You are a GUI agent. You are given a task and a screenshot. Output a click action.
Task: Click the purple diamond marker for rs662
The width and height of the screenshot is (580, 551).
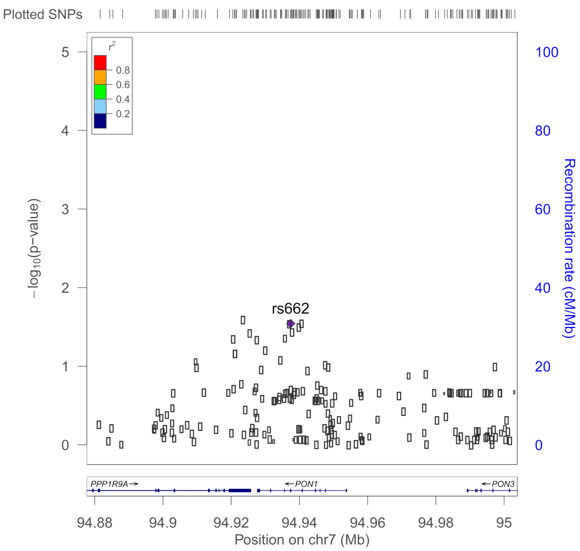[291, 324]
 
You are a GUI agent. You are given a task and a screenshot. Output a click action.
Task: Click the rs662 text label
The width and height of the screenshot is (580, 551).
[290, 309]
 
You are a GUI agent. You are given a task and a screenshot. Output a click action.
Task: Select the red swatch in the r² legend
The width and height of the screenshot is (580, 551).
[100, 63]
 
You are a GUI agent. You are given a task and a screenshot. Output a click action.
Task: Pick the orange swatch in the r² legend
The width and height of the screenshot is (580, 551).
[100, 77]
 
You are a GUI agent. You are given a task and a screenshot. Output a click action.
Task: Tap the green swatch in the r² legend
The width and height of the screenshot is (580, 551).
[100, 92]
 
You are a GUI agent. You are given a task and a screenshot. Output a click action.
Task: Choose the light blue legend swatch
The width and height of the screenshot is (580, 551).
[100, 107]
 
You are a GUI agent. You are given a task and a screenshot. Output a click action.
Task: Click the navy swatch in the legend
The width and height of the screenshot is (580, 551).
[100, 121]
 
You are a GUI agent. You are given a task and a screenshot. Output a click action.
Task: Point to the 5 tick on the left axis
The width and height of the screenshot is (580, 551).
[65, 52]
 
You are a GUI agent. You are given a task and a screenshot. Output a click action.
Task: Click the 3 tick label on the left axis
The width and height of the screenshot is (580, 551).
[65, 209]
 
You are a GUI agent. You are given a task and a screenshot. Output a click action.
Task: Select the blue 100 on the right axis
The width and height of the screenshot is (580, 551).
[547, 52]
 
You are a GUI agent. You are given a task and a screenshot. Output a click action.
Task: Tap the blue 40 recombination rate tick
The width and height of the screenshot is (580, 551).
[543, 288]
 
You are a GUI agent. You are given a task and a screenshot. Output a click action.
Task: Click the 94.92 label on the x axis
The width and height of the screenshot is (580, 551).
[231, 522]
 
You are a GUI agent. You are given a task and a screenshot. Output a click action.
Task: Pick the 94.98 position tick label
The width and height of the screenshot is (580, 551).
[436, 522]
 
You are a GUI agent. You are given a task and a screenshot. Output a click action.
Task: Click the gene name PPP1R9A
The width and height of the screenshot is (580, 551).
[109, 484]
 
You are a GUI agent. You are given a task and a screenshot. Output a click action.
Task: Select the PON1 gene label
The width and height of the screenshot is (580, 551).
[306, 484]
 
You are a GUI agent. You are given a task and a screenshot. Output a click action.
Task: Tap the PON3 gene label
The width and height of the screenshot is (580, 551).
[503, 484]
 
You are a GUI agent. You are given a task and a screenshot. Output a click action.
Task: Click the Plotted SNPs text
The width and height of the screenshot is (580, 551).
[43, 14]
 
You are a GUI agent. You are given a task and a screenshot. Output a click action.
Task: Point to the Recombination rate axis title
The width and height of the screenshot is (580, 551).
[569, 248]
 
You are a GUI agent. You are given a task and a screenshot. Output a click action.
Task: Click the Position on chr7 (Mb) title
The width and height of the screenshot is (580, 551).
[302, 540]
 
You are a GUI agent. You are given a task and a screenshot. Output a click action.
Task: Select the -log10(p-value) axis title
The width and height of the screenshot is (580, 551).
[34, 248]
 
